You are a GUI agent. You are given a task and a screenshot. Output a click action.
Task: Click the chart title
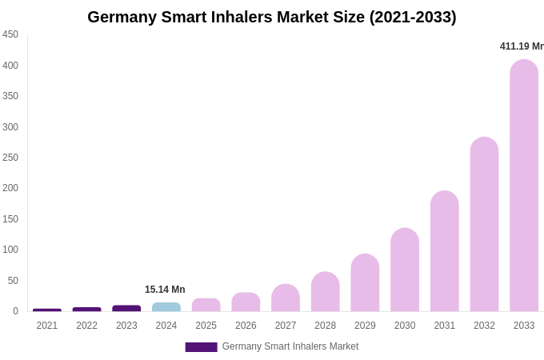click(272, 17)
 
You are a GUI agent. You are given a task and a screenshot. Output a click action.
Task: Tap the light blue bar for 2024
click(166, 307)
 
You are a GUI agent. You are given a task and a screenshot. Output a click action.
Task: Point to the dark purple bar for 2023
click(126, 308)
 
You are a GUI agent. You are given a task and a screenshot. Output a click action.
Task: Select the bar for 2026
click(246, 302)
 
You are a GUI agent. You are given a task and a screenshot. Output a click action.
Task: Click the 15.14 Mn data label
click(165, 290)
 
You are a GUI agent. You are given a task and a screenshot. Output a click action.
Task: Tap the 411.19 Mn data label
click(522, 46)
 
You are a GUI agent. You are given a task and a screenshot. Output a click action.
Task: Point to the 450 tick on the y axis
click(10, 34)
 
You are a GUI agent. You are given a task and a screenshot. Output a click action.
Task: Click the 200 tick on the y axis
click(10, 188)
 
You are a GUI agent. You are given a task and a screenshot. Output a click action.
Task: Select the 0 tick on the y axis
click(15, 311)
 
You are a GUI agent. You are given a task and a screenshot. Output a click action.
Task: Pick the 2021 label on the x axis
click(47, 326)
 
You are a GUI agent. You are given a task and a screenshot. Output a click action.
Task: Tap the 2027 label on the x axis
click(286, 326)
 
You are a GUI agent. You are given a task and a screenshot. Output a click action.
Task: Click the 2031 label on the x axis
click(445, 326)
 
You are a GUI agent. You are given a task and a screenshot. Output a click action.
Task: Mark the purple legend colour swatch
click(201, 347)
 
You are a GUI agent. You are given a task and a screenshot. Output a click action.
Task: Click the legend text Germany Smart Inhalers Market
click(290, 346)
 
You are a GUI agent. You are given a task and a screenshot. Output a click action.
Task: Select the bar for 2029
click(365, 283)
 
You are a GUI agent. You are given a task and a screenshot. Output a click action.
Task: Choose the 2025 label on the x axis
click(206, 326)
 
